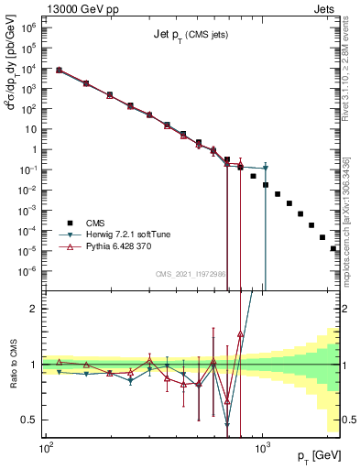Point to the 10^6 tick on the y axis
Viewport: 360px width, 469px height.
click(x=29, y=28)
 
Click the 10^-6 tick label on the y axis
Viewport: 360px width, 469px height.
click(x=29, y=271)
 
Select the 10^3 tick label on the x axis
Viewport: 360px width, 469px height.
click(x=262, y=450)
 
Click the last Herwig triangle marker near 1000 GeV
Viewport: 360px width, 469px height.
click(x=265, y=169)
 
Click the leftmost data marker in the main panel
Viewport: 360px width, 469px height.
click(x=60, y=70)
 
